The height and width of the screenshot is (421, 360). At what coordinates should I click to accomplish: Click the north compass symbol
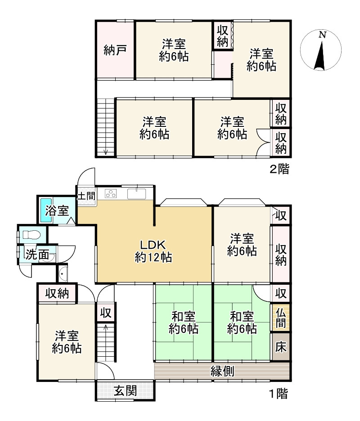coord(320,50)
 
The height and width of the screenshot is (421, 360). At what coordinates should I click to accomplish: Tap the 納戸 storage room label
coord(114,49)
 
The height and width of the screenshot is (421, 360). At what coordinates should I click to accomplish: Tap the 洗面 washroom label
coord(37,255)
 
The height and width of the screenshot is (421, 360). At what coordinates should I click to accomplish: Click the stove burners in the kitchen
coord(110,194)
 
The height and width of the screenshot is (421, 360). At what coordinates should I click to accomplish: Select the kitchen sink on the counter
coord(137,194)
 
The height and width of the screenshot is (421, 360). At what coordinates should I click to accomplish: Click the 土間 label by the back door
coord(86,196)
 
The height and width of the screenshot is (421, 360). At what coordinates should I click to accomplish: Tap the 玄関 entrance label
coord(125,391)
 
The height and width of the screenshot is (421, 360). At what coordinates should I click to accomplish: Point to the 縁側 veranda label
coord(222,372)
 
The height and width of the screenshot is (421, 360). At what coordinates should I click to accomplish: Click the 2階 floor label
coord(279,170)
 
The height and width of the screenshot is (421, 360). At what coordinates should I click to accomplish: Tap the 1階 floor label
coord(278,394)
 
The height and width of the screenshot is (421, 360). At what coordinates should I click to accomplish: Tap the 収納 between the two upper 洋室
coord(222,36)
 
